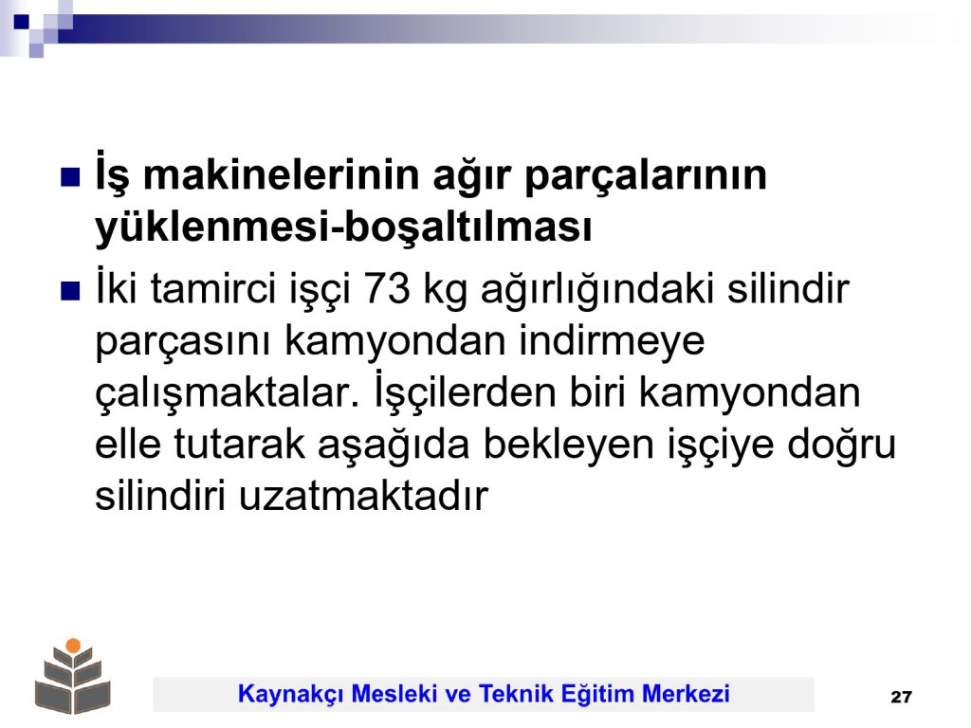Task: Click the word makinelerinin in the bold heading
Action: tap(283, 174)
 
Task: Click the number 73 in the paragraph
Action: tap(387, 288)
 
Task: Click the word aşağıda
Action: tap(394, 446)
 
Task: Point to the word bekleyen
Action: tap(568, 446)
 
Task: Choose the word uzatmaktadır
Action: tap(363, 496)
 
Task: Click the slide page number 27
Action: tap(901, 697)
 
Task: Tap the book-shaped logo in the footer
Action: tap(73, 677)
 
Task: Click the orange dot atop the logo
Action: tap(73, 646)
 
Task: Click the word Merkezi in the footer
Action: tap(686, 693)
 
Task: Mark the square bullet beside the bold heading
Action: tap(70, 177)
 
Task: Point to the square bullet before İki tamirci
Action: tap(70, 291)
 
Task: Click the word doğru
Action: tap(842, 446)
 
